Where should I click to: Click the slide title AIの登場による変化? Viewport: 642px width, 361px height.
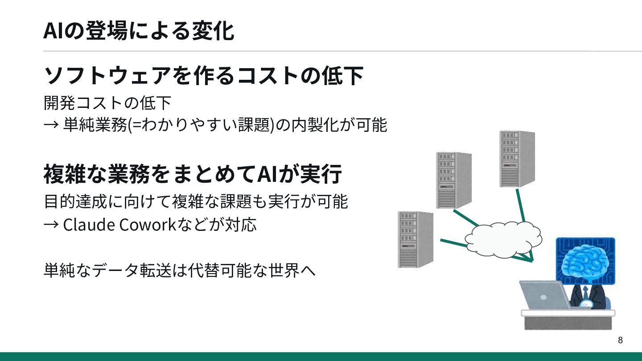pos(138,31)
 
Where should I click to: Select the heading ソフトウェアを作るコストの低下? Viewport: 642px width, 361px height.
pos(203,76)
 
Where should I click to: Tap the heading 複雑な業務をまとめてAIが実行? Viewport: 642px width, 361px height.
pos(193,174)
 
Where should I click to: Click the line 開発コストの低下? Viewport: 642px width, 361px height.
pos(107,103)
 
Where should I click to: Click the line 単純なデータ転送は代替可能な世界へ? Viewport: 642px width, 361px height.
pos(179,270)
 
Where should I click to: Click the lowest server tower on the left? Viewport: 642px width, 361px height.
pos(415,239)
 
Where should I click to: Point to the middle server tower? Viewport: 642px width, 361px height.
pos(453,180)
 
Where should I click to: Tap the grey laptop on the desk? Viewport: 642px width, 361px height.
pos(545,295)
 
